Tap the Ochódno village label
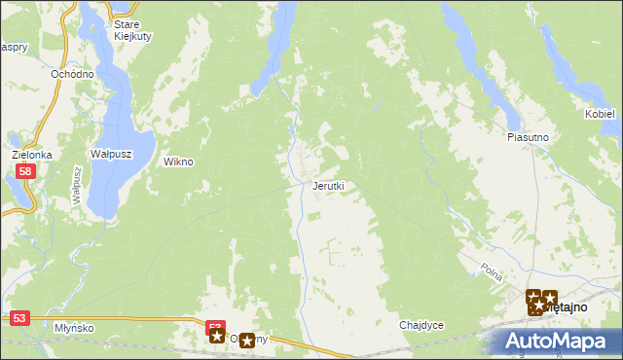pos(73,74)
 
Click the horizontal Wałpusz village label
pos(110,154)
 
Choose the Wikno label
pos(178,162)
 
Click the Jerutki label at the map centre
pos(327,185)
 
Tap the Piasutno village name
pos(528,137)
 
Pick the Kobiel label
pos(600,114)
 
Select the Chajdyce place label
pos(421,325)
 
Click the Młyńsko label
pos(74,328)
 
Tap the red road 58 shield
pos(26,171)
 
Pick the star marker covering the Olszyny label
pos(246,340)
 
